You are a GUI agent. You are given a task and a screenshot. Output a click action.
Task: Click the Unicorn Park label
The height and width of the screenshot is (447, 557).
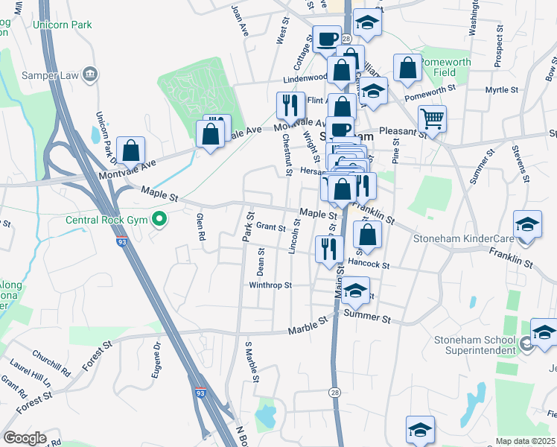(x=62, y=25)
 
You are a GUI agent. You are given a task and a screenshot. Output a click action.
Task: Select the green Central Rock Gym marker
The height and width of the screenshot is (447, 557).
(x=158, y=220)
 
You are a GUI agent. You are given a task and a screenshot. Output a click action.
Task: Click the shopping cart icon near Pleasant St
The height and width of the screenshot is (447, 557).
(x=432, y=118)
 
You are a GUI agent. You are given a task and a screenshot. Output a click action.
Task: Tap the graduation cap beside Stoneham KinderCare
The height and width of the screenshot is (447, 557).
(x=526, y=226)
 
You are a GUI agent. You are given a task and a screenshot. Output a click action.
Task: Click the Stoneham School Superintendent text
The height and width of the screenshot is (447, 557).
(x=475, y=345)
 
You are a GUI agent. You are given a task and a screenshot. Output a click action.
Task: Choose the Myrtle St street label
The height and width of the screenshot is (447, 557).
(x=501, y=89)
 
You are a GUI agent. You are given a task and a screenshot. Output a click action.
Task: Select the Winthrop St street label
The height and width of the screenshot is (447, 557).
(x=270, y=285)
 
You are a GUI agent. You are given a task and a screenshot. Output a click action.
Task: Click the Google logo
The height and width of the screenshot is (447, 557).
(x=25, y=438)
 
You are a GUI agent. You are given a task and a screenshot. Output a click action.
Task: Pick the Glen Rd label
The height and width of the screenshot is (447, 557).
(x=200, y=228)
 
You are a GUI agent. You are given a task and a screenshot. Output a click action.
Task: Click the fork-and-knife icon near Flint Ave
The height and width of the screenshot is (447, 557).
(x=288, y=105)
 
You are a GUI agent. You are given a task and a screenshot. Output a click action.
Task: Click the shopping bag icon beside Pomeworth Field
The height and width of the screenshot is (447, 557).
(x=407, y=68)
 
